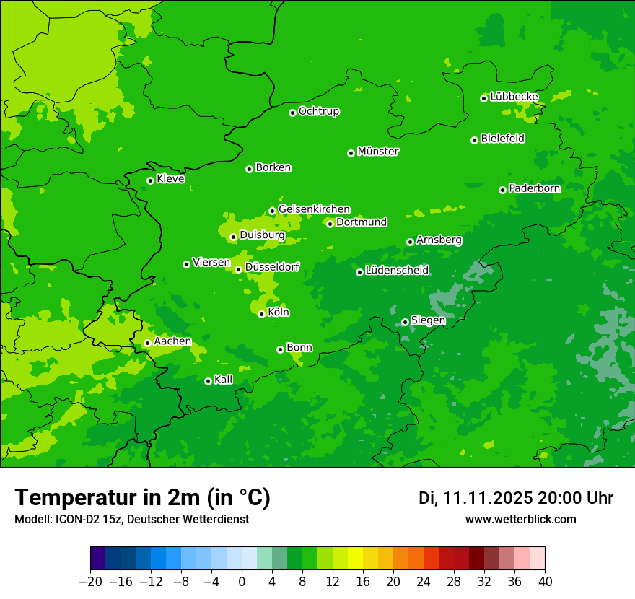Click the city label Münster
click(378, 152)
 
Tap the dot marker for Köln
click(261, 314)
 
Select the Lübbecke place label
click(514, 97)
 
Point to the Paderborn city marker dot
click(503, 190)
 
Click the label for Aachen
click(172, 341)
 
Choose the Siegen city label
click(428, 320)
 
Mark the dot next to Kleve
click(150, 180)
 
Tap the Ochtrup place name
click(319, 111)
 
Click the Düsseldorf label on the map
click(272, 268)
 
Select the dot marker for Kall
click(208, 381)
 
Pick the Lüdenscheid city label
click(397, 271)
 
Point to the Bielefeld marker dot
click(474, 140)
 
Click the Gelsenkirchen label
click(314, 209)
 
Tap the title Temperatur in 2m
click(143, 497)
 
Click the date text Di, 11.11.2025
click(476, 498)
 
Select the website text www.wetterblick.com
click(520, 520)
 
